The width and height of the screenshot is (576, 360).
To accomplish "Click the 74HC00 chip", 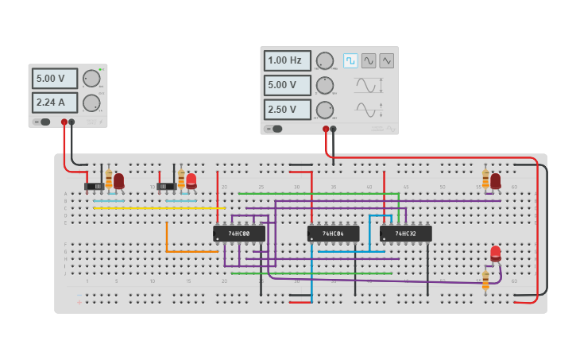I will (238, 234).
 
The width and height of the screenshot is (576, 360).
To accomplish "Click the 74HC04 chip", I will (333, 234).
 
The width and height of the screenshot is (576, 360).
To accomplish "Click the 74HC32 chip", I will (405, 234).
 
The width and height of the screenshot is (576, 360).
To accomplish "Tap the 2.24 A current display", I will (55, 103).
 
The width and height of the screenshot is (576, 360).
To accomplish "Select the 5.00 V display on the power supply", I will (55, 79).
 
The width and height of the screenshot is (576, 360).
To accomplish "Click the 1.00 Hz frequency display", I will (287, 60).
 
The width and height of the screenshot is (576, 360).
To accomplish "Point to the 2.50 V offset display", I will (287, 110).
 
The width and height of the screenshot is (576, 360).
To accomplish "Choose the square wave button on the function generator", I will (350, 60).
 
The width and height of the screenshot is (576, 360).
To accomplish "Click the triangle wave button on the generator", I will (386, 60).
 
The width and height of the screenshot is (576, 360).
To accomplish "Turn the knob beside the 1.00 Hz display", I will (325, 61).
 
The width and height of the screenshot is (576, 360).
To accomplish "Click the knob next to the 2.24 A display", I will (91, 103).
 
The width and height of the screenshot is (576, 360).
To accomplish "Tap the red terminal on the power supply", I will (64, 122).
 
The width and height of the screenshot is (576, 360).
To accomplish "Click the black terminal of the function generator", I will (333, 129).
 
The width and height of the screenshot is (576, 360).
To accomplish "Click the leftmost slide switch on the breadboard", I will (94, 187).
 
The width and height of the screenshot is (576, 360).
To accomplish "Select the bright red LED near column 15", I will (191, 180).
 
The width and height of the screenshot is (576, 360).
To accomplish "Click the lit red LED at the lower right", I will (496, 254).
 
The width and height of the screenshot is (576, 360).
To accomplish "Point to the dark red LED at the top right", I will (496, 180).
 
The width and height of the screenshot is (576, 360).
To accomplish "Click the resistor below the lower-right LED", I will (485, 280).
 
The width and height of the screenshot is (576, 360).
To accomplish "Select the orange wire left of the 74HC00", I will (167, 238).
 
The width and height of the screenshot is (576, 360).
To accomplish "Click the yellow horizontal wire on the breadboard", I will (159, 208).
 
